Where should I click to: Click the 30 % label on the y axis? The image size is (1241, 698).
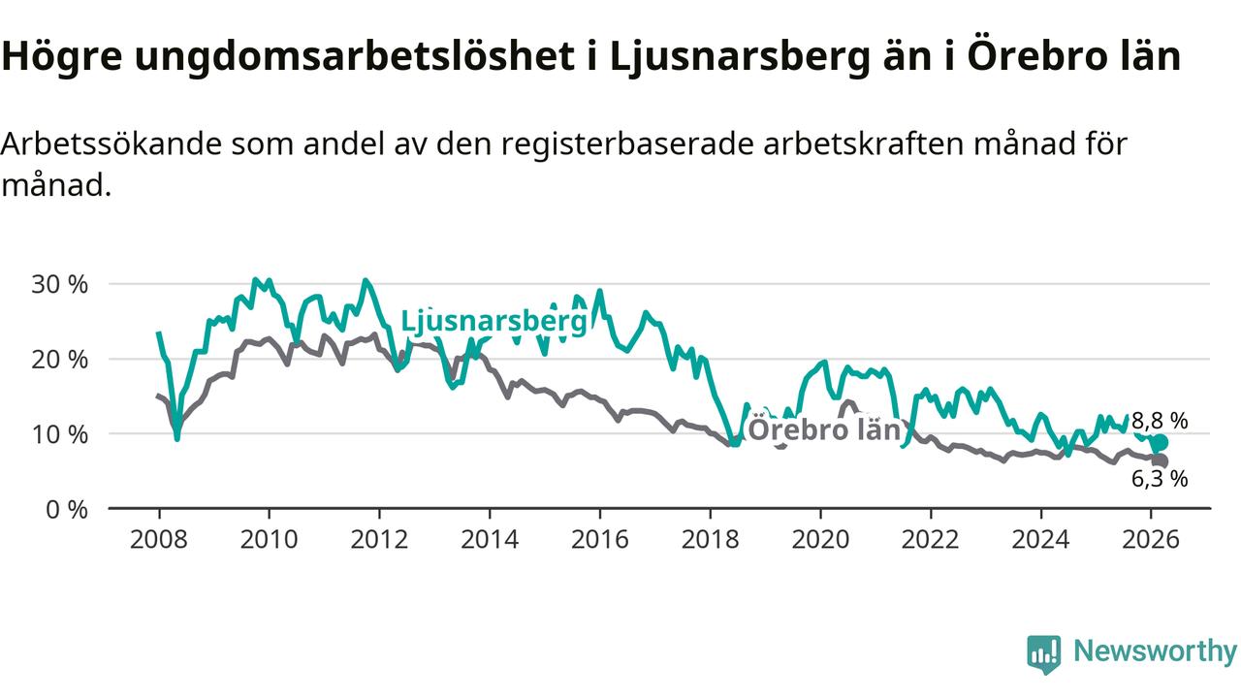click(x=60, y=285)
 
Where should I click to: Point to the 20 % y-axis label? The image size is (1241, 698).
click(x=60, y=360)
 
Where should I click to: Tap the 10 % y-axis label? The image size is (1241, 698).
click(x=60, y=434)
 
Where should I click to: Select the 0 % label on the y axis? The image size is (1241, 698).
click(x=66, y=509)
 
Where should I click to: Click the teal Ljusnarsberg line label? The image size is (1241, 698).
click(x=493, y=321)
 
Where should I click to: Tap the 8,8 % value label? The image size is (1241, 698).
click(x=1160, y=421)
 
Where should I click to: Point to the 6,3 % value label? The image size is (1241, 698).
click(x=1160, y=478)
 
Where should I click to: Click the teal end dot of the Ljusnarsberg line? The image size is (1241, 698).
click(x=1160, y=443)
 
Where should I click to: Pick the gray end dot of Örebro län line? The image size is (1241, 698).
click(x=1160, y=461)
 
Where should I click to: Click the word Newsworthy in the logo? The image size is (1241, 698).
click(x=1155, y=651)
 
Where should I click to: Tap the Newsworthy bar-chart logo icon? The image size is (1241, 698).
click(x=1044, y=653)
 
